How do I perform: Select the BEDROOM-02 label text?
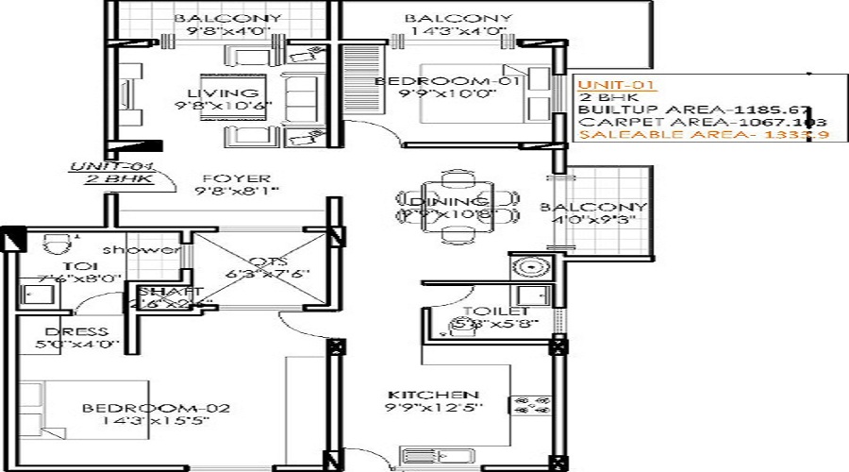[x=156, y=408]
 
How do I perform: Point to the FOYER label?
[x=223, y=178]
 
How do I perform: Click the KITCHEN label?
[x=435, y=394]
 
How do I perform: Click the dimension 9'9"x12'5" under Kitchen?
[x=435, y=408]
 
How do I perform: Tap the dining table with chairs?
[x=458, y=207]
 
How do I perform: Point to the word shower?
[x=153, y=250]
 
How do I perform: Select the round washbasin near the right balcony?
[x=524, y=266]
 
